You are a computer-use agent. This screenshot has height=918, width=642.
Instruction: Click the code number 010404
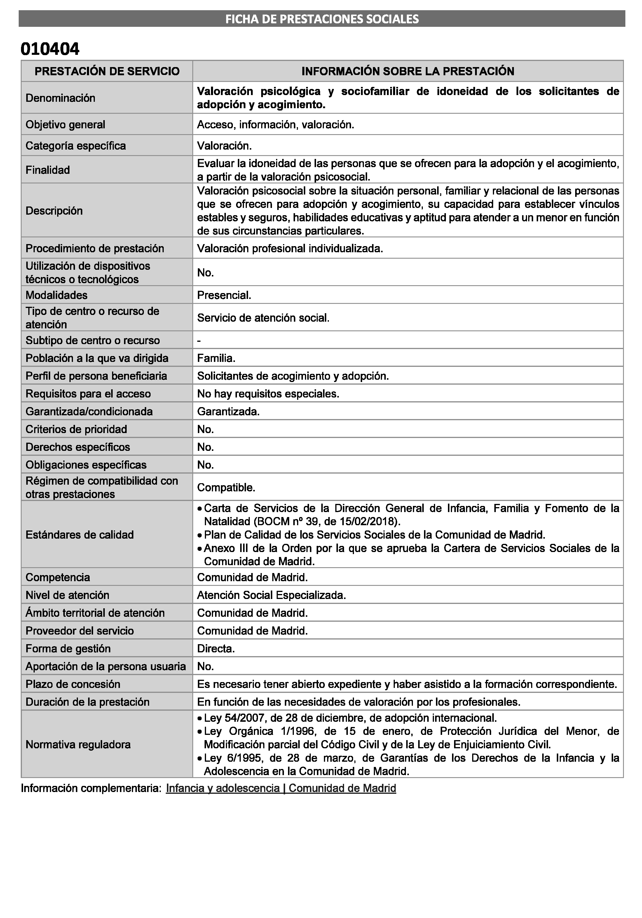pos(50,49)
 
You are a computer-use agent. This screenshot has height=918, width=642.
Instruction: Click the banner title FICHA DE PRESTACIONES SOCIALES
pos(322,19)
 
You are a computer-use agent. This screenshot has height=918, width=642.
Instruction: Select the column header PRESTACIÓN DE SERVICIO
pos(107,71)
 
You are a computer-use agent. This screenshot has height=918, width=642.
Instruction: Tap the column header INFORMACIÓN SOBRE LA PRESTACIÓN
pos(408,71)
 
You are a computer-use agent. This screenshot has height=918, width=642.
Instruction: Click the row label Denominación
pos(60,98)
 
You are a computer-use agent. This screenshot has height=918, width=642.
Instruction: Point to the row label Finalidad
pos(48,170)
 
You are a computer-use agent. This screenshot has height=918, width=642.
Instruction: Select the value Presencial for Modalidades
pos(224,295)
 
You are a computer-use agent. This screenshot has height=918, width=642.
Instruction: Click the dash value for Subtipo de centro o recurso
pos(199,340)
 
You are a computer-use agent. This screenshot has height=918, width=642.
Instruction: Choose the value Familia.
pos(216,358)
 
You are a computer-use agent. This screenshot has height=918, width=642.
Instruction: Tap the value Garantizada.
pos(228,411)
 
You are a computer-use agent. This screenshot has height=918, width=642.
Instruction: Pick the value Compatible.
pos(226,487)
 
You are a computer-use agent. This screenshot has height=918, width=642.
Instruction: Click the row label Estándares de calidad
pos(80,535)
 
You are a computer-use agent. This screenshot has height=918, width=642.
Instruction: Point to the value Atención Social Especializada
pos(271,595)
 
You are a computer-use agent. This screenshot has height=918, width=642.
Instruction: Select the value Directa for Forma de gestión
pos(216,648)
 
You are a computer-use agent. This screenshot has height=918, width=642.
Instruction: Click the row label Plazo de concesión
pos(73,684)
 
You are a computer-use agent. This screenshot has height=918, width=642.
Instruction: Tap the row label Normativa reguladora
pos(78,744)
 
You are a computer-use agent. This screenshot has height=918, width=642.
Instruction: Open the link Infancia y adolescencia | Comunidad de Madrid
pos(281,788)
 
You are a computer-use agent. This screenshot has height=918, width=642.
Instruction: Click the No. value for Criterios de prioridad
pos(205,429)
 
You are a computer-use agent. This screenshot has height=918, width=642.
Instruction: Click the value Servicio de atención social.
pos(263,318)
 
